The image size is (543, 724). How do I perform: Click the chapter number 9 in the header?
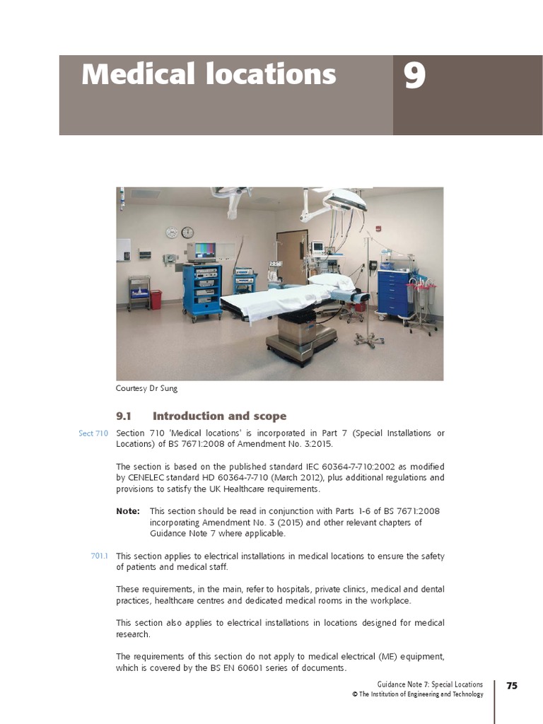click(414, 76)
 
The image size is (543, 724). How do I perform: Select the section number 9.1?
click(124, 416)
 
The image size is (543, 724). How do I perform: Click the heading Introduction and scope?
click(219, 416)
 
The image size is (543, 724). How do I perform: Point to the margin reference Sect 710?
click(93, 433)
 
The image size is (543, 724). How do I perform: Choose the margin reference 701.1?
click(100, 556)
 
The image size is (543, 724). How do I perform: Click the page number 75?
click(512, 686)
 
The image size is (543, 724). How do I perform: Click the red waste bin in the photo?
click(156, 300)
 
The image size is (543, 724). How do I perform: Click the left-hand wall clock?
click(172, 233)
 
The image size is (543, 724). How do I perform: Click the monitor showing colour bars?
click(202, 251)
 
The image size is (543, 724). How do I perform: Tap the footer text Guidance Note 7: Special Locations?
click(431, 684)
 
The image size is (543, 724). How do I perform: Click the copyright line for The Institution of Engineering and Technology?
click(418, 694)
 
